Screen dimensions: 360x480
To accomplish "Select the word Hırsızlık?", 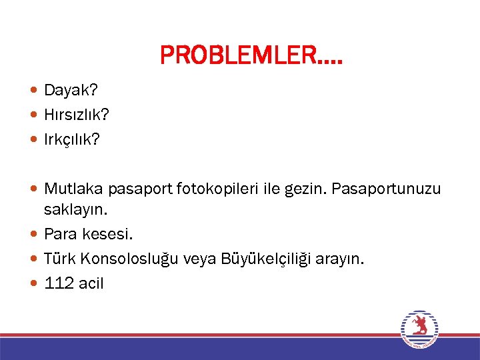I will pos(77,115).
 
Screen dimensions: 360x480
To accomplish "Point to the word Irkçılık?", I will pos(71,140).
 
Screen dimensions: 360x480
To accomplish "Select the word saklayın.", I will pos(75,210).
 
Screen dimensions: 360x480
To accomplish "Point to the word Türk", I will pos(59,259).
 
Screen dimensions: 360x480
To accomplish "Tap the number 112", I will pos(59,283).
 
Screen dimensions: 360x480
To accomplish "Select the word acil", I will pos(91,283).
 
